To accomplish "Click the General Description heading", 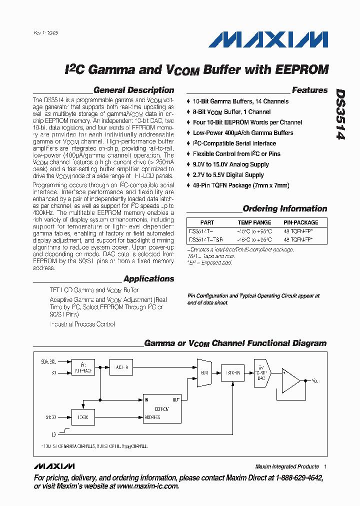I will click(133, 90).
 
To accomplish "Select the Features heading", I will click(309, 90).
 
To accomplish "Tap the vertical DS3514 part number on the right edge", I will click(340, 114).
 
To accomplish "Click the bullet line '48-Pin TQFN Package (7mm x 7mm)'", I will click(240, 185).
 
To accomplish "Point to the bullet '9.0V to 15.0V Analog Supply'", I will click(230, 164).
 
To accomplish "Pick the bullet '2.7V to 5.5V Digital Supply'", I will click(228, 175).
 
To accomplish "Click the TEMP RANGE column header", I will click(254, 222).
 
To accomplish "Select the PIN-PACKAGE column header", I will click(300, 222).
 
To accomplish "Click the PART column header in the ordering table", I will click(207, 222).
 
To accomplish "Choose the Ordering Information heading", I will click(284, 209).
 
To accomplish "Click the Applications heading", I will click(148, 279).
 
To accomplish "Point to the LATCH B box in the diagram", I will click(233, 373).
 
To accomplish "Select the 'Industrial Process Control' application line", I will click(82, 324).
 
